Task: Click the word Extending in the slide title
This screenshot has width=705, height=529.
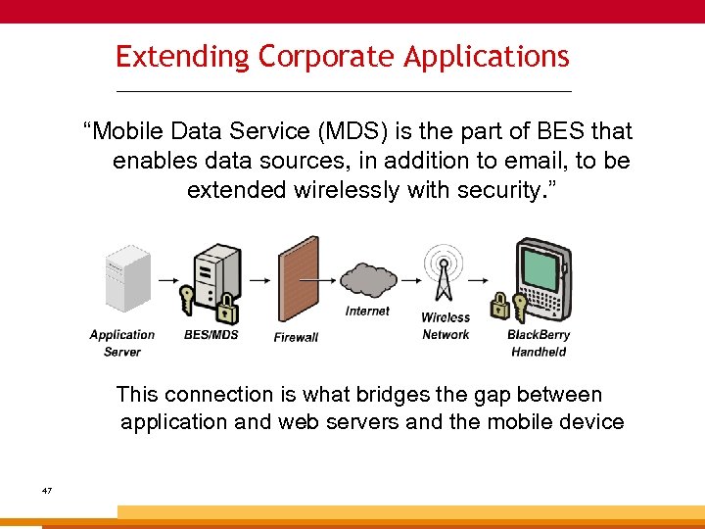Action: (x=182, y=57)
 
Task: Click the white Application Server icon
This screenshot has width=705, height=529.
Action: (x=128, y=278)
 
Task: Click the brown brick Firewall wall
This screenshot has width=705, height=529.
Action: (x=298, y=280)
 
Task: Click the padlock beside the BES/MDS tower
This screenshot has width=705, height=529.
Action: (x=227, y=312)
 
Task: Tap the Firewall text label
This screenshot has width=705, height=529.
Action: (x=296, y=337)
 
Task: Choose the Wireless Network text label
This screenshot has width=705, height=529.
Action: (x=446, y=326)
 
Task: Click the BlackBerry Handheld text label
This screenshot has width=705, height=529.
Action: (x=539, y=343)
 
